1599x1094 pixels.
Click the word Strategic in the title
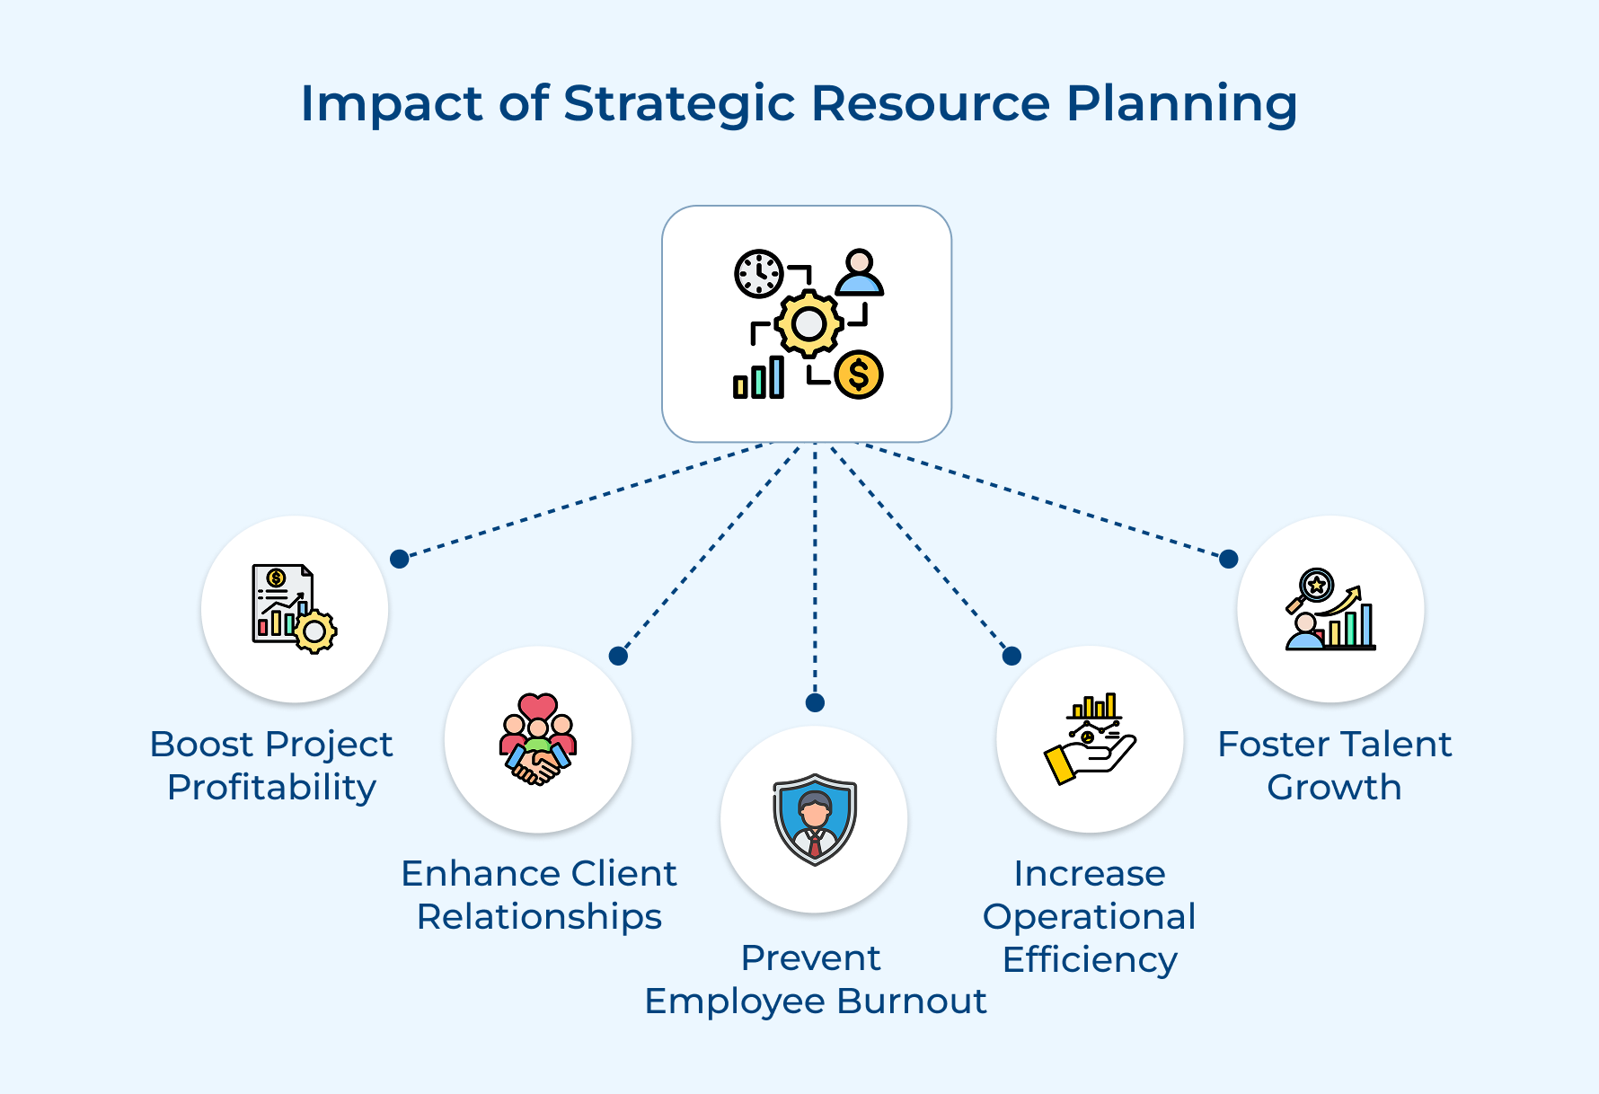coord(678,103)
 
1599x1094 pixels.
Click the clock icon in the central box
coord(759,273)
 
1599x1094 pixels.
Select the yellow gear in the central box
coord(808,323)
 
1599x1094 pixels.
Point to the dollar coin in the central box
coord(859,375)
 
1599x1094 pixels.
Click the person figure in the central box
coord(860,274)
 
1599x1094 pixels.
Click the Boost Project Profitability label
coord(271,765)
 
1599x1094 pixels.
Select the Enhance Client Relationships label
coord(539,895)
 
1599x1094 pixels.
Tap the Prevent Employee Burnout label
coord(815,979)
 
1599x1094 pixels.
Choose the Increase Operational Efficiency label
coord(1089,916)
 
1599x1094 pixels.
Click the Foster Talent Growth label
coord(1334,765)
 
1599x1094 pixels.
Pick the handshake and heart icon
coord(538,739)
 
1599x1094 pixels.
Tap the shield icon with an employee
coord(815,819)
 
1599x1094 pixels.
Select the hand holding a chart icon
coord(1090,738)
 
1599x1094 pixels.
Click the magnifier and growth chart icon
coord(1330,609)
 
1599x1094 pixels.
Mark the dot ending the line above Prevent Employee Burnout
coord(815,702)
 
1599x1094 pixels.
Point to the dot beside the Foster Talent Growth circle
coord(1229,559)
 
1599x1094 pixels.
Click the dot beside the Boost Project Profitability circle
coord(400,559)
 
